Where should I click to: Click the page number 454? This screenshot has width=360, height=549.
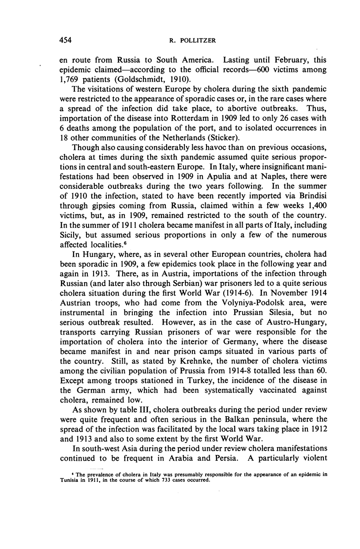pyautogui.click(x=66, y=40)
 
